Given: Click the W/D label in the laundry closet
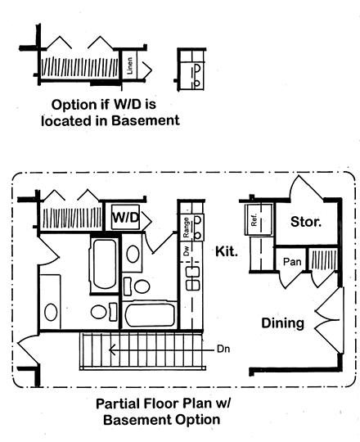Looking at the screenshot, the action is [x=126, y=218].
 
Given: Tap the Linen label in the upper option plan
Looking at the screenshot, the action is [x=129, y=65].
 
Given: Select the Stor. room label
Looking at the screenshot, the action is [x=306, y=222].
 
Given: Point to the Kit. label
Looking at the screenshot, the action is [x=226, y=251].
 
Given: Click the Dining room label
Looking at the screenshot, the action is [x=282, y=323].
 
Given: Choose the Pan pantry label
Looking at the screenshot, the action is [x=292, y=262].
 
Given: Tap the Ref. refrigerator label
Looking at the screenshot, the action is [x=254, y=219].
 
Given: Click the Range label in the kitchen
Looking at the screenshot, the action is [x=186, y=228].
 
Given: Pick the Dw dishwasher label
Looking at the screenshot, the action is [x=187, y=250].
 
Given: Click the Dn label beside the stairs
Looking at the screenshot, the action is [x=223, y=349].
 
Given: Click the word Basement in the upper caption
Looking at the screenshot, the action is [x=146, y=120].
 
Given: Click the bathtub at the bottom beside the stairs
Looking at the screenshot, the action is [x=150, y=315].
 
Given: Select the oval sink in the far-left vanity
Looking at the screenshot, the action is [x=51, y=312].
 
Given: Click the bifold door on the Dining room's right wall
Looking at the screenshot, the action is [x=329, y=320].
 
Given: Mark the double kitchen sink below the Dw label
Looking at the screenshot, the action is [x=193, y=278].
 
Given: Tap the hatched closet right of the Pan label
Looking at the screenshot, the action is [x=323, y=259].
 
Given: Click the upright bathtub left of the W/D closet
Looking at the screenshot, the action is [x=105, y=264].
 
